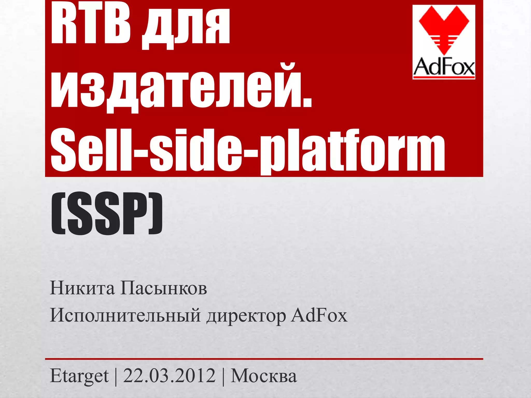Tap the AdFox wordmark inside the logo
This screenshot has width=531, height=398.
[444, 67]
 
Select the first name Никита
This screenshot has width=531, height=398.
[82, 288]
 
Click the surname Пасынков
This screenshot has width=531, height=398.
[164, 288]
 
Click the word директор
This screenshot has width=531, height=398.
[246, 316]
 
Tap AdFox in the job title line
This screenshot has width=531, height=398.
[319, 315]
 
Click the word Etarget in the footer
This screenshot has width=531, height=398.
[79, 376]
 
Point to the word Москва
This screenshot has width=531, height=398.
[263, 376]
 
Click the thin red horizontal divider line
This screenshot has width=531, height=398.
[264, 359]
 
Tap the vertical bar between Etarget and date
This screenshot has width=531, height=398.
[116, 376]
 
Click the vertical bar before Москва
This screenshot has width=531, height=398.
[223, 376]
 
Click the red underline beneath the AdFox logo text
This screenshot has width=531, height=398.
[444, 77]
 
